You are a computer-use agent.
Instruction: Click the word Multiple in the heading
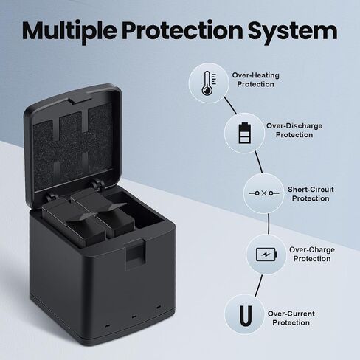(69, 31)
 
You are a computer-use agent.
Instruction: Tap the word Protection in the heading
(182, 30)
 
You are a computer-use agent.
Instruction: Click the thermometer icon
(209, 83)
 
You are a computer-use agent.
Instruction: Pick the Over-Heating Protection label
(256, 80)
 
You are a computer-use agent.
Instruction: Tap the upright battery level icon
(245, 133)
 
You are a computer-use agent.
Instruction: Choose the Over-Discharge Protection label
(294, 131)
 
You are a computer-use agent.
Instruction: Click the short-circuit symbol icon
(264, 193)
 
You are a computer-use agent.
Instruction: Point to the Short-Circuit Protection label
(311, 194)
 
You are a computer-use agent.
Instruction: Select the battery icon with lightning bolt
(266, 255)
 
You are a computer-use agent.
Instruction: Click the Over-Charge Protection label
(312, 255)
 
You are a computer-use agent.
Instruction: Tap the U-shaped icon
(246, 316)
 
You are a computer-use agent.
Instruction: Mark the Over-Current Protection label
(291, 318)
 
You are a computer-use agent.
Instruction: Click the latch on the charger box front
(136, 254)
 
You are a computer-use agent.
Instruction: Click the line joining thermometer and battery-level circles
(230, 105)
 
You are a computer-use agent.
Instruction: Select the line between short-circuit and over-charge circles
(269, 224)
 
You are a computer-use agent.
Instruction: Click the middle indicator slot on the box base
(134, 316)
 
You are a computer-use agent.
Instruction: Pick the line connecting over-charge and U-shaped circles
(259, 285)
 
